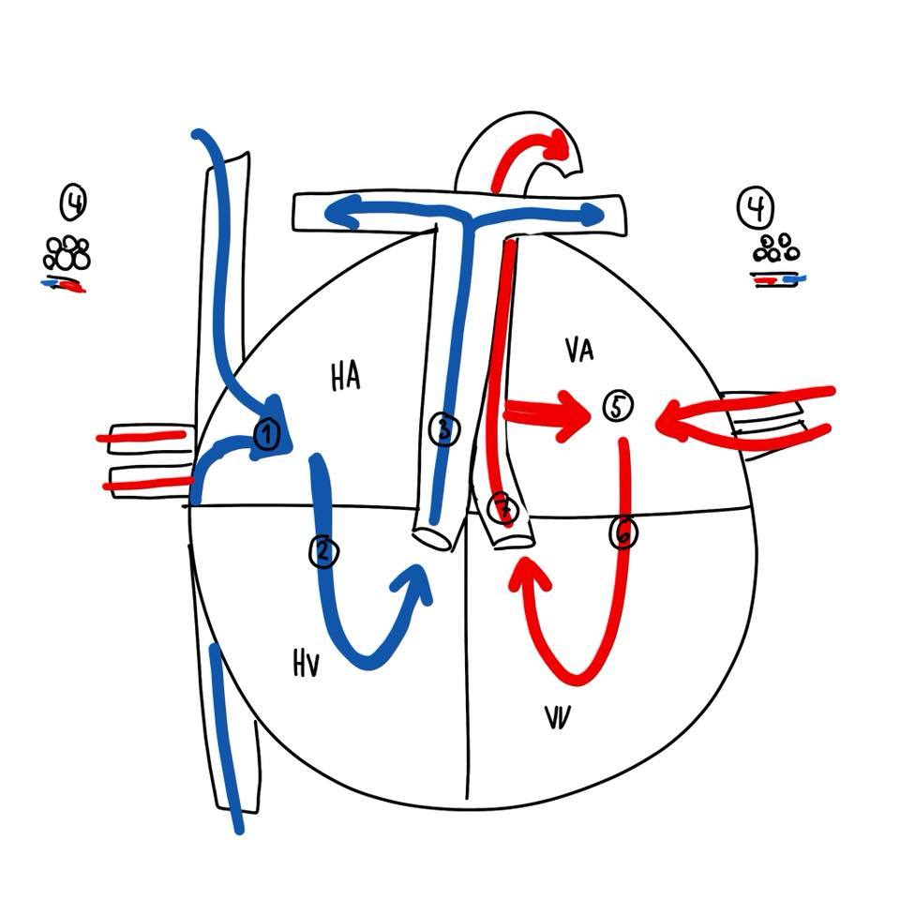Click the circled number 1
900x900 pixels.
[267, 433]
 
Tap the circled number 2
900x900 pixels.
[322, 551]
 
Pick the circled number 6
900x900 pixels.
[622, 533]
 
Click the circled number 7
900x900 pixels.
[503, 509]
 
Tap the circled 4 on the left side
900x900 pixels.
[74, 201]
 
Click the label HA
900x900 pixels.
[345, 377]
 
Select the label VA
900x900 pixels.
[579, 351]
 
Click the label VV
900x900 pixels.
[560, 717]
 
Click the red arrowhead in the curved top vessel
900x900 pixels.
[559, 143]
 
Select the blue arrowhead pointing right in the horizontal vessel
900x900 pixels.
[592, 217]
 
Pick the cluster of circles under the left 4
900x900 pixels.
[67, 253]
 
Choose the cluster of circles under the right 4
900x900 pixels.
[777, 249]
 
